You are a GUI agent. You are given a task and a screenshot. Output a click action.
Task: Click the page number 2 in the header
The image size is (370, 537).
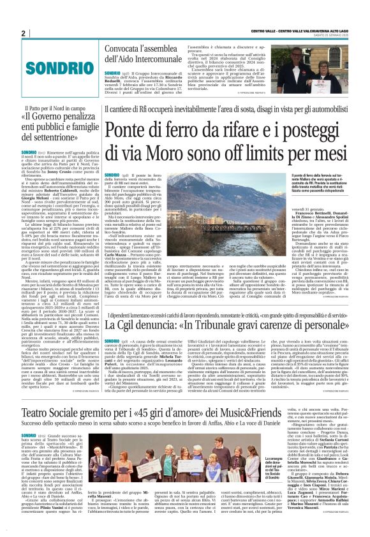click(23, 34)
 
